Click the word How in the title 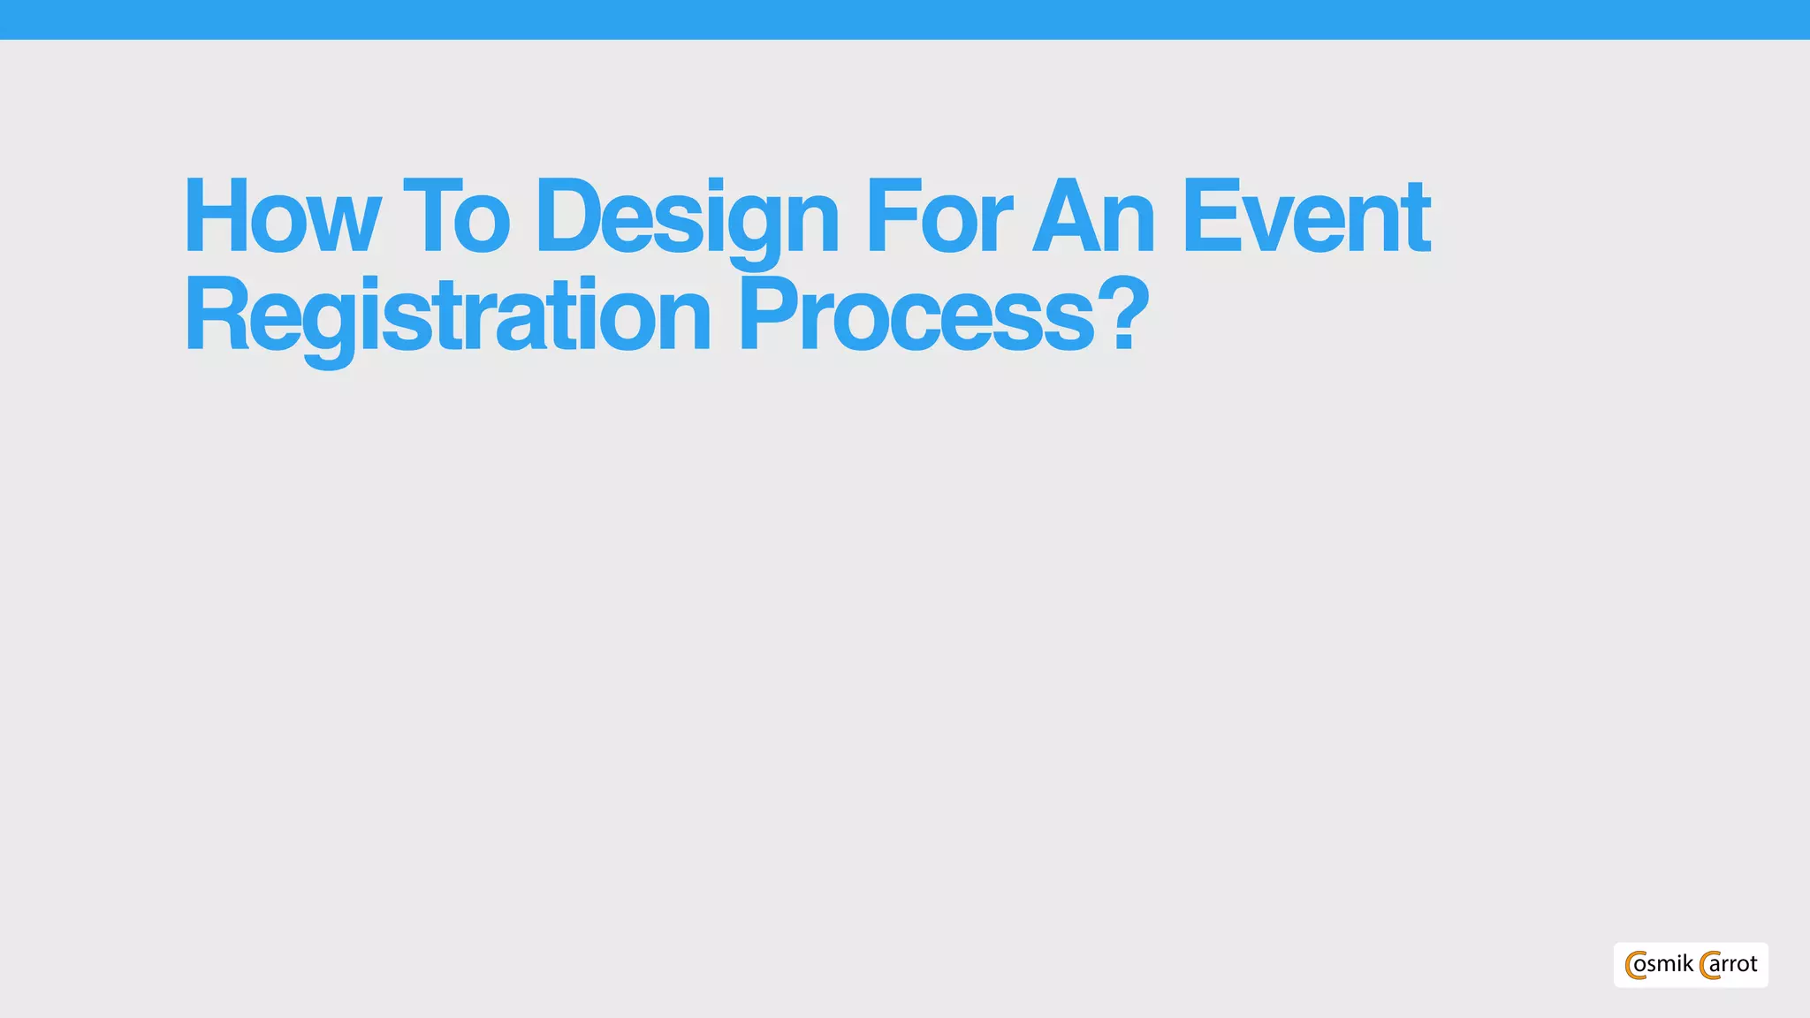tap(281, 217)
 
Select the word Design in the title tap(686, 221)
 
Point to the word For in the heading tap(938, 217)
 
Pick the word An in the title tap(1094, 217)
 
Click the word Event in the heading tap(1305, 217)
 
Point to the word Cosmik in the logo tap(1659, 964)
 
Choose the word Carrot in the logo tap(1729, 964)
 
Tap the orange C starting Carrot tap(1708, 965)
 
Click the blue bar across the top tap(905, 19)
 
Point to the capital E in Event tap(1210, 217)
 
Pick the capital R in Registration tap(214, 315)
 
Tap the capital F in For tap(890, 217)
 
